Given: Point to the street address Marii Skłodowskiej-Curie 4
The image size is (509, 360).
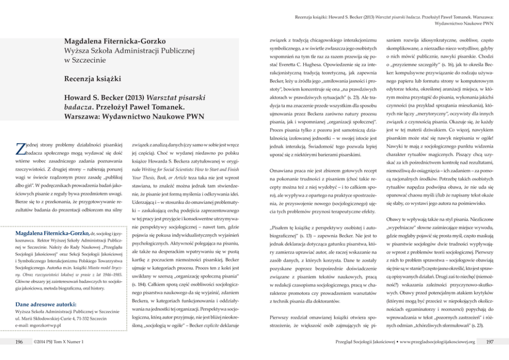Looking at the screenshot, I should point(51,319).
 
